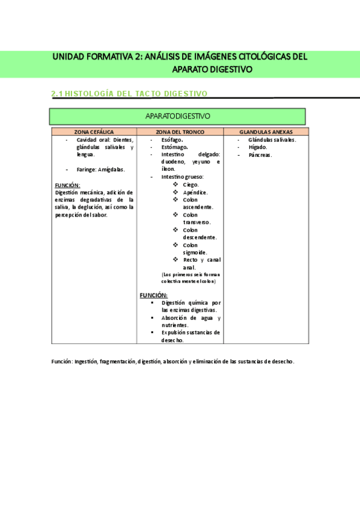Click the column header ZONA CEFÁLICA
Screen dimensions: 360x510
[x=94, y=132]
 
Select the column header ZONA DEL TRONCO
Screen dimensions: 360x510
[x=180, y=132]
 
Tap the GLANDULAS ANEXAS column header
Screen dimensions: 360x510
[x=266, y=132]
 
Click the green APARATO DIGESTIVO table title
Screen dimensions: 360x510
[x=177, y=116]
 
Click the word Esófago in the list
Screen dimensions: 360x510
[x=172, y=140]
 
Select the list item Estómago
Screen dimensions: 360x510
[x=174, y=147]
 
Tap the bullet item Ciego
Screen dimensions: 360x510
[x=191, y=185]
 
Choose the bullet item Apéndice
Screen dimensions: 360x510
[x=195, y=192]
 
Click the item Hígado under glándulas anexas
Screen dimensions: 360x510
[x=258, y=147]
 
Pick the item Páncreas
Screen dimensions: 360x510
[x=260, y=155]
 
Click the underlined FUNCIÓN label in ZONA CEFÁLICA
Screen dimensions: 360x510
[x=67, y=185]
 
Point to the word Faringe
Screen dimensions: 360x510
[x=86, y=170]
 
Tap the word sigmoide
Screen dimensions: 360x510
[x=195, y=253]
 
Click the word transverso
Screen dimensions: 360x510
[x=197, y=223]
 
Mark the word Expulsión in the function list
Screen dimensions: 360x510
[x=175, y=332]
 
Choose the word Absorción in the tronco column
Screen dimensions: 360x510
[x=175, y=318]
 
